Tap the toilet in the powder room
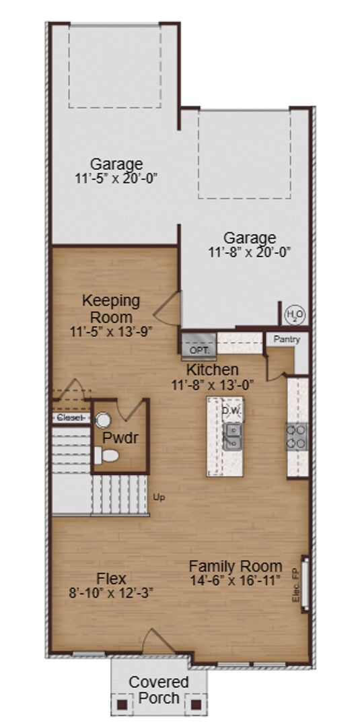106,457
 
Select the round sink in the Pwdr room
102,420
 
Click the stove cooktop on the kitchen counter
297,436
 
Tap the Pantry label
287,340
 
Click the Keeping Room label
111,308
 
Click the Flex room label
112,578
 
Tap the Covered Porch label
158,689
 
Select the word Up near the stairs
159,497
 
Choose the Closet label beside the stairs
70,417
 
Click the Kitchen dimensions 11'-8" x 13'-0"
212,385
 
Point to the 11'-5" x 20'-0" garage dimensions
117,178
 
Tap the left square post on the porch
122,705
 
